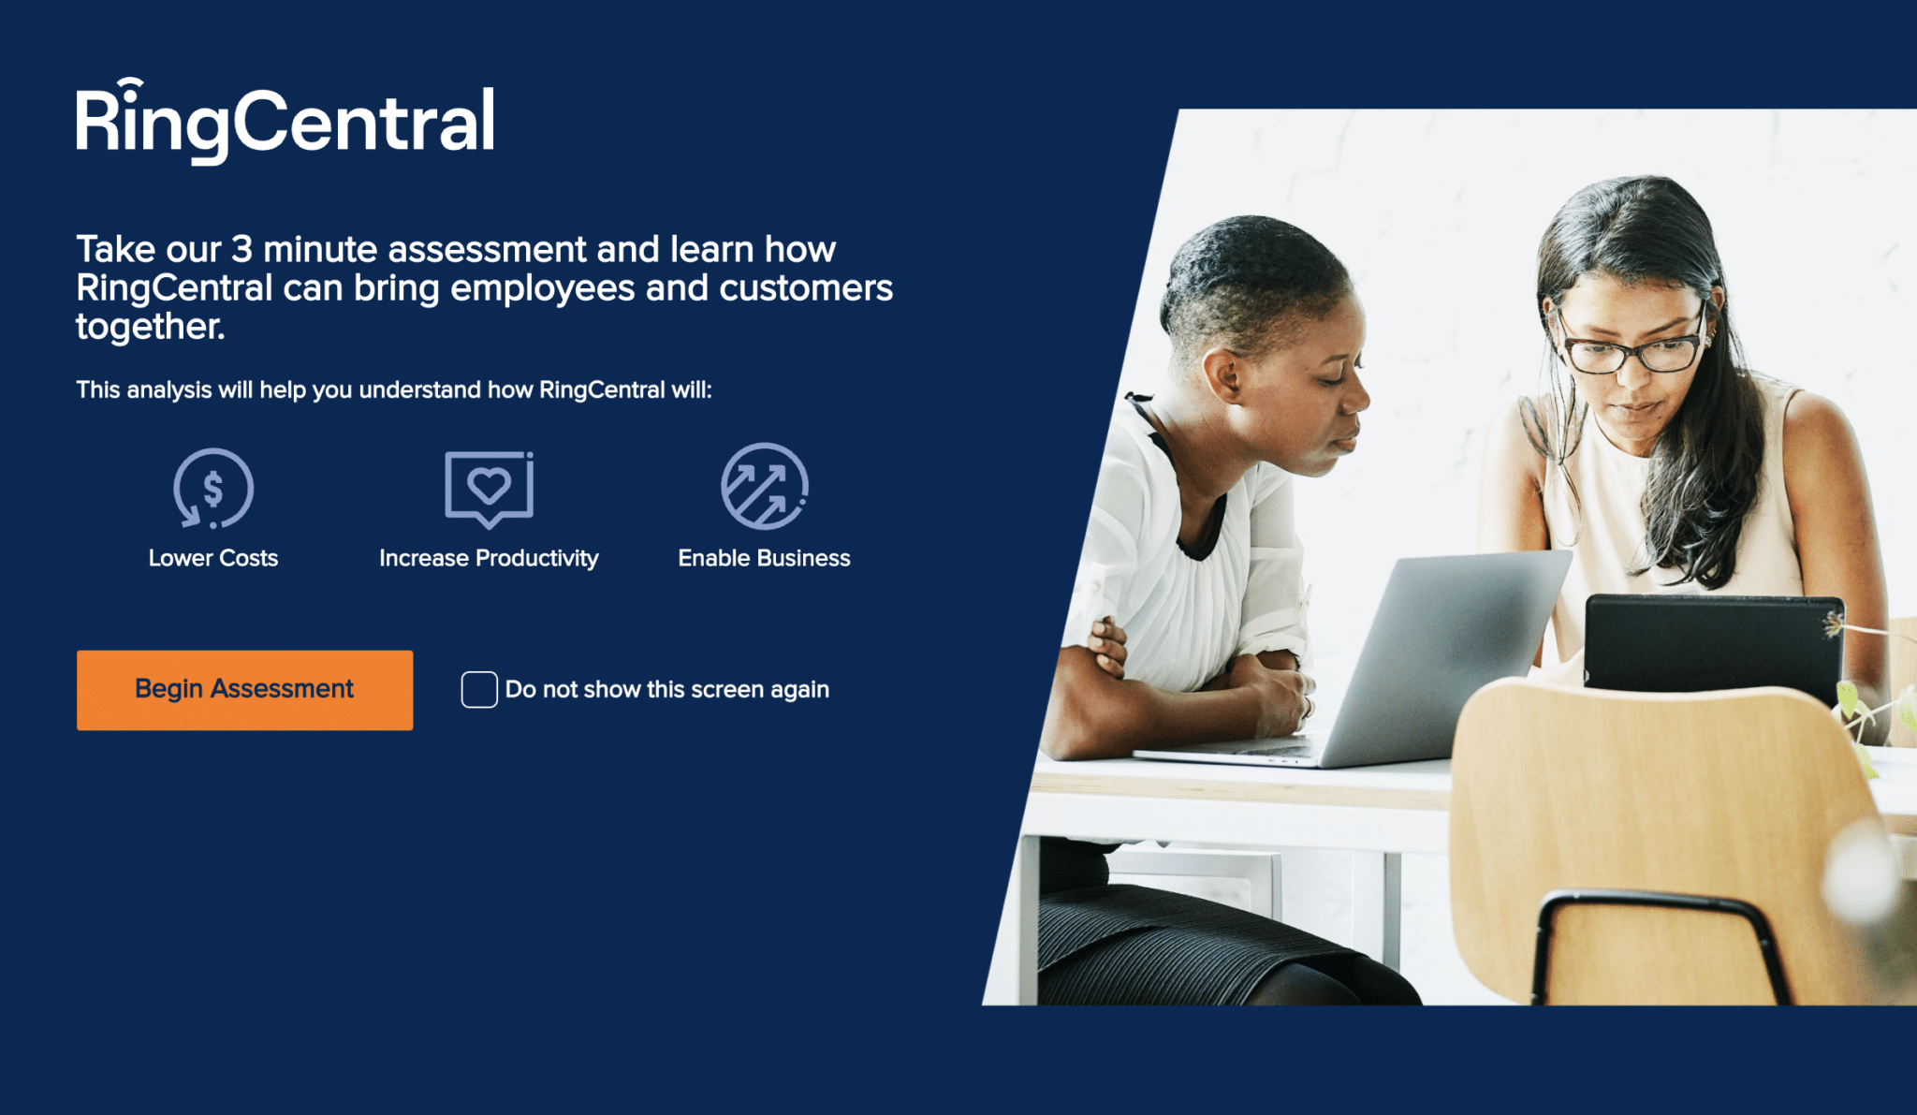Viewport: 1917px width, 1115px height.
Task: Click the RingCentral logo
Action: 285,121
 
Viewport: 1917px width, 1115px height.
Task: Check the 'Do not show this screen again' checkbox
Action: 479,690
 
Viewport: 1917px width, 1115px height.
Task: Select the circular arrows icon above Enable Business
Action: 765,487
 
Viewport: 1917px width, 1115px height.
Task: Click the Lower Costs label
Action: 213,558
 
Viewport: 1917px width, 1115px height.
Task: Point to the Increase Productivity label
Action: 489,558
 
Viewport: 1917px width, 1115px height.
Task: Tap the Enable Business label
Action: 765,558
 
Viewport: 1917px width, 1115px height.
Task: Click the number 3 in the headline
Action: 241,250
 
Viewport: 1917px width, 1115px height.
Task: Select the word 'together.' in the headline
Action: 151,327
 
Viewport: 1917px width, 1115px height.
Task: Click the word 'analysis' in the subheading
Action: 168,390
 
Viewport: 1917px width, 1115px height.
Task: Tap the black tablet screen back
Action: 1713,646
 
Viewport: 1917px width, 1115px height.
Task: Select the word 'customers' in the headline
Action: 806,288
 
